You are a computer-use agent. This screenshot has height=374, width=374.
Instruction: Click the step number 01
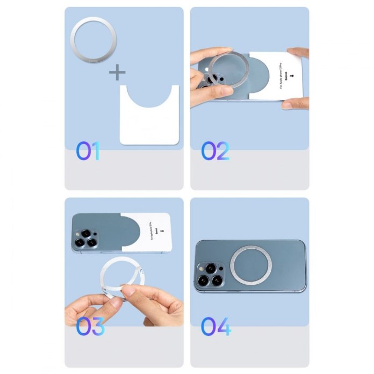[87, 151]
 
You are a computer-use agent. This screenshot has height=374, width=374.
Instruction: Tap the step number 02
[215, 151]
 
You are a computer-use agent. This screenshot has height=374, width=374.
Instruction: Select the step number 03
[89, 326]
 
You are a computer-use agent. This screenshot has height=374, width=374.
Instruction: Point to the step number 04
[216, 326]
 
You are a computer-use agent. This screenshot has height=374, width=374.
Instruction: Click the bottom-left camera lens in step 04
[203, 280]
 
